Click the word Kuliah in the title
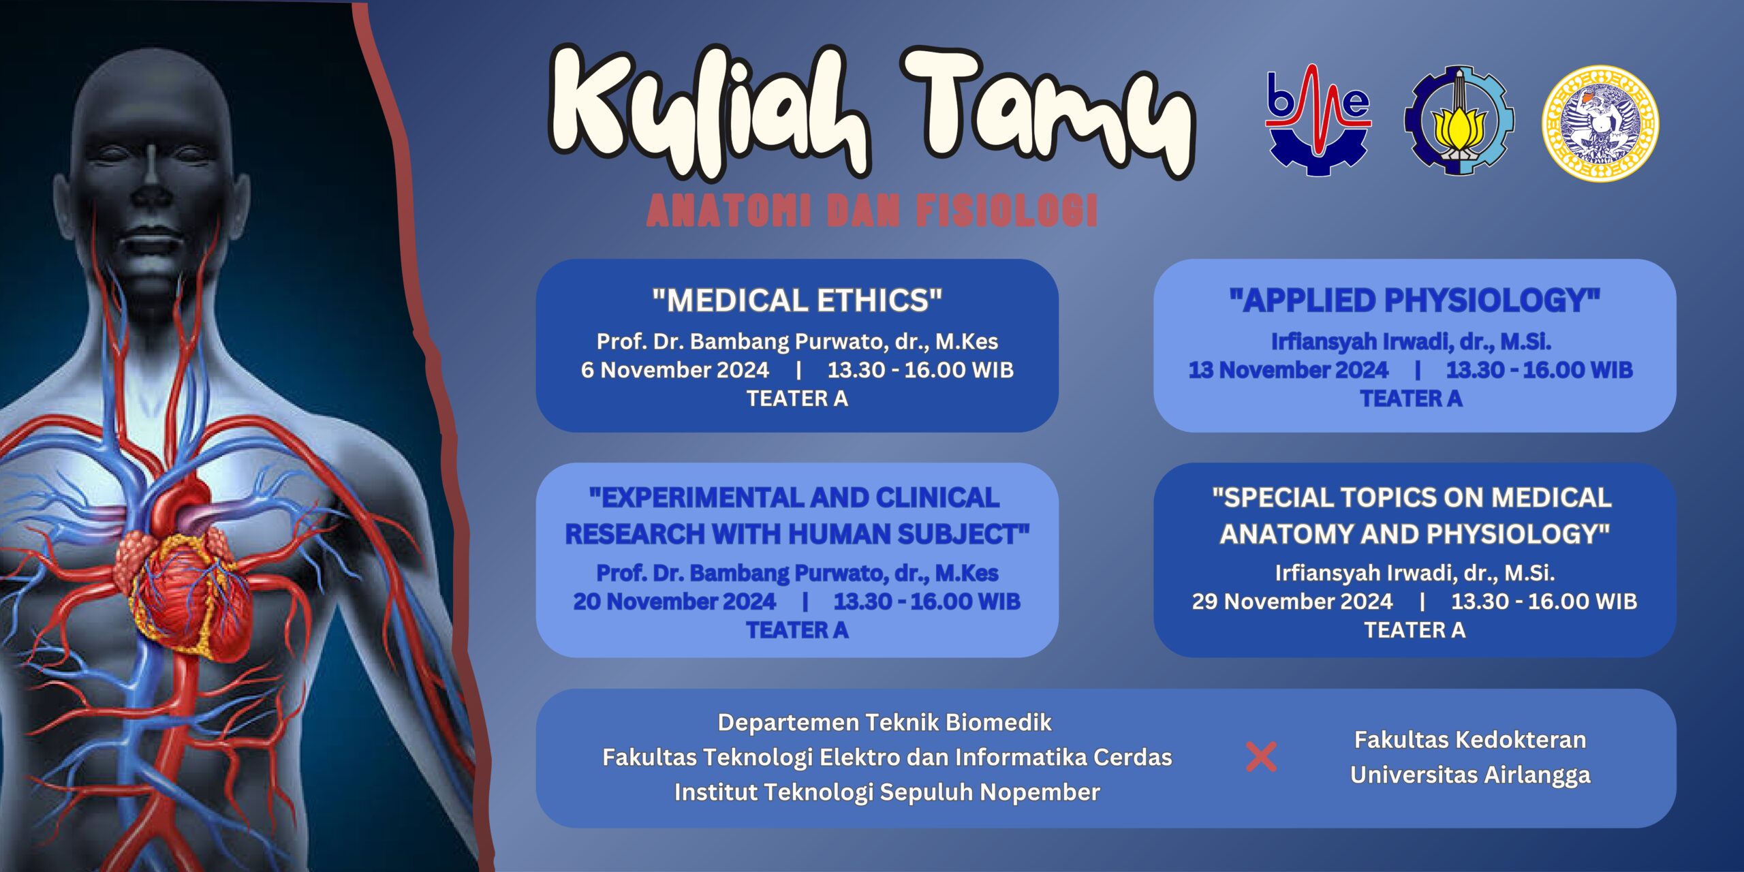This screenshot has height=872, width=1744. pos(708,112)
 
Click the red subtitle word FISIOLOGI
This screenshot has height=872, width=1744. pos(1006,211)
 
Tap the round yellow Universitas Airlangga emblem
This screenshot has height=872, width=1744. pos(1600,123)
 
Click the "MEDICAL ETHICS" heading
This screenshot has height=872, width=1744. pos(797,300)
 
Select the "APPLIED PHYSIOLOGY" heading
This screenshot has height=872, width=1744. pos(1414,300)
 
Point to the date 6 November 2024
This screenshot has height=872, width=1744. pos(674,370)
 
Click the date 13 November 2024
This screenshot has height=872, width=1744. pos(1288,370)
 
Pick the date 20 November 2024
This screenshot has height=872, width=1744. pos(674,602)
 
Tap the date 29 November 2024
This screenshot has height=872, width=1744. pos(1292,602)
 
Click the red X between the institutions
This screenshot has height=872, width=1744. pos(1261,757)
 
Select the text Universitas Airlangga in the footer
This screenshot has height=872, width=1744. pos(1470,775)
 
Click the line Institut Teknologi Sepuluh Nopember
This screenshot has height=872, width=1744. pos(887,792)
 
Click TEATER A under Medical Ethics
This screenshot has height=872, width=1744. pos(797,399)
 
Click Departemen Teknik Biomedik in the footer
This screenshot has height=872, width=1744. pos(884,722)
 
